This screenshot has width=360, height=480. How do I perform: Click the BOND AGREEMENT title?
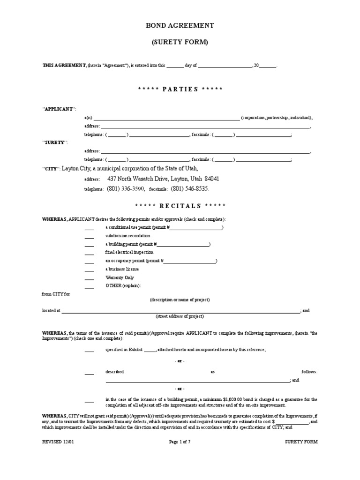180,25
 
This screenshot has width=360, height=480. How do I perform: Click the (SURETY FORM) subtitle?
180,42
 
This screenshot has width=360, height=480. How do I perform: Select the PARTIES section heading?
180,89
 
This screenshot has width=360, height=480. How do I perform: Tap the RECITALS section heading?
180,206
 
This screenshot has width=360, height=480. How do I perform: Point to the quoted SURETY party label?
55,142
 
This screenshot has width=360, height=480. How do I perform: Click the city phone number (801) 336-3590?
126,188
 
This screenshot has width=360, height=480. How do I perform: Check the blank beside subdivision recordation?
89,236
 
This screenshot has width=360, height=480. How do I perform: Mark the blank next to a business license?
89,270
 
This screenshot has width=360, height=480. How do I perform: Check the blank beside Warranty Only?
89,278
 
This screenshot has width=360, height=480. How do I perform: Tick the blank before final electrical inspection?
89,253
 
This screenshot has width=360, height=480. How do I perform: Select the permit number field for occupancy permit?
190,261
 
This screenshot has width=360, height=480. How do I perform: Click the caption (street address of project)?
180,317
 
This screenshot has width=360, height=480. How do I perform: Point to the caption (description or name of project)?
180,300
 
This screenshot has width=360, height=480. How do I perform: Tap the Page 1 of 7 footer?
180,442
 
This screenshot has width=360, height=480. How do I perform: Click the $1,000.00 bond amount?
236,399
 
